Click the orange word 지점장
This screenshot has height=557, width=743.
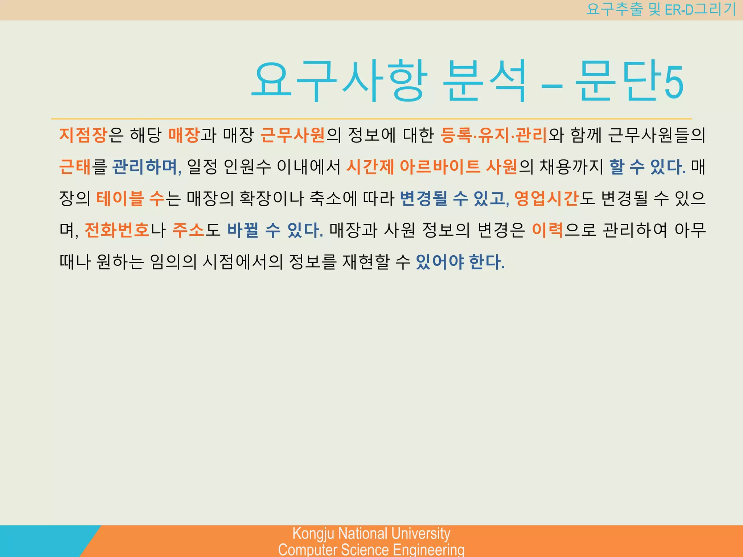[83, 135]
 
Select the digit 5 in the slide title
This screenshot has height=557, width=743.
[674, 82]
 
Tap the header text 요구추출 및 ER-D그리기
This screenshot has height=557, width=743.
[661, 9]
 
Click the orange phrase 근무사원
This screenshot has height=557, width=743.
[292, 135]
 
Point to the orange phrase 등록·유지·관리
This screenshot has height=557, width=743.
[493, 135]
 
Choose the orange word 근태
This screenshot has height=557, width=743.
[75, 167]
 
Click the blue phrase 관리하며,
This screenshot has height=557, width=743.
[147, 167]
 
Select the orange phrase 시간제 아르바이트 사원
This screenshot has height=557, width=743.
[431, 167]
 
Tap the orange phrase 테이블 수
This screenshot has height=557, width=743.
[130, 199]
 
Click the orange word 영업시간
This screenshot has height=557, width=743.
[546, 199]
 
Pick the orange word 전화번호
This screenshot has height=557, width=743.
[117, 230]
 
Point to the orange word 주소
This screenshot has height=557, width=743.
[188, 230]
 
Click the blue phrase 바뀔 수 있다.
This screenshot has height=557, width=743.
[275, 230]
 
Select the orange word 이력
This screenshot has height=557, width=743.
[547, 230]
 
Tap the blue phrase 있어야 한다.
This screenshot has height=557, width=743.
[460, 262]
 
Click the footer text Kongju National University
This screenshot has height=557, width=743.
[371, 533]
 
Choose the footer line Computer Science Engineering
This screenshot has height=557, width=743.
[371, 549]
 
